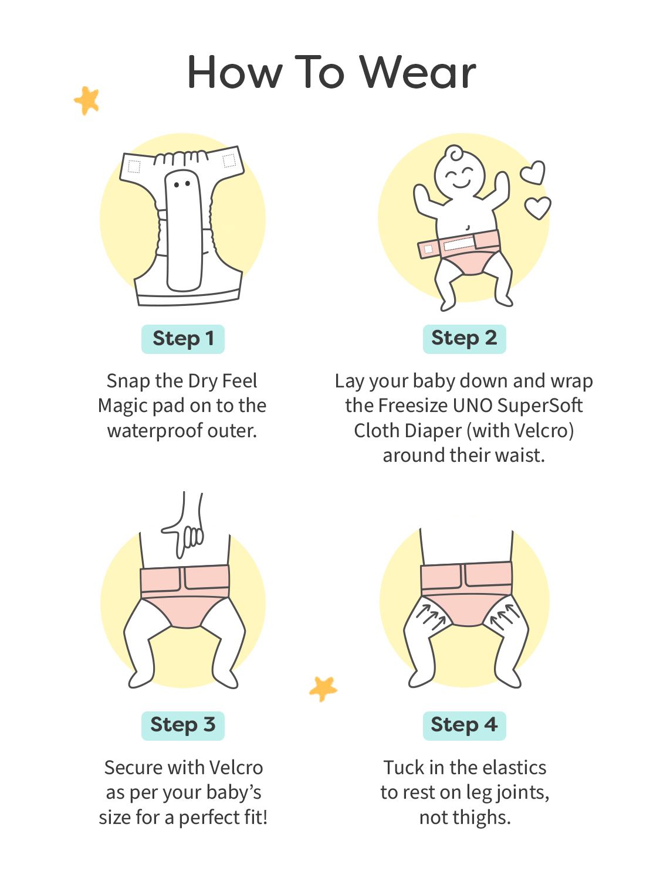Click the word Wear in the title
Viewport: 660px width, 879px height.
(x=418, y=72)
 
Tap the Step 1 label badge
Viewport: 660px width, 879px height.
(x=182, y=339)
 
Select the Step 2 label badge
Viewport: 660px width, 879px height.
(x=464, y=339)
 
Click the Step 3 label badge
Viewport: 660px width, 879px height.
(x=182, y=725)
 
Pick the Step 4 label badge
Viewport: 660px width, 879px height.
(x=464, y=725)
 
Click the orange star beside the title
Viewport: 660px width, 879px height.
(x=87, y=100)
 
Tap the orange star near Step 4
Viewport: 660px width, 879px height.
(x=323, y=689)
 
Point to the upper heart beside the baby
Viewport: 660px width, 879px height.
(x=533, y=172)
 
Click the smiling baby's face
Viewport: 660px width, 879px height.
(x=459, y=175)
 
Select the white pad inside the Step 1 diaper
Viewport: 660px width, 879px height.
(x=184, y=230)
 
